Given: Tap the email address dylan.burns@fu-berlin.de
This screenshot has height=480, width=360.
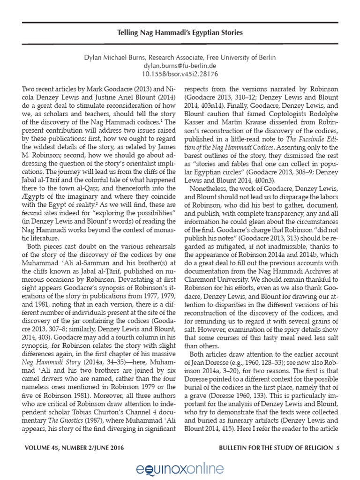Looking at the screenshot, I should tap(180, 66).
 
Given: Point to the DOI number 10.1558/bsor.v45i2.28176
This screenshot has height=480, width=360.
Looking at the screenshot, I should tap(180, 74).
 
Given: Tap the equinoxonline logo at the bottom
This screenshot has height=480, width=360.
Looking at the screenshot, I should tap(180, 467).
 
